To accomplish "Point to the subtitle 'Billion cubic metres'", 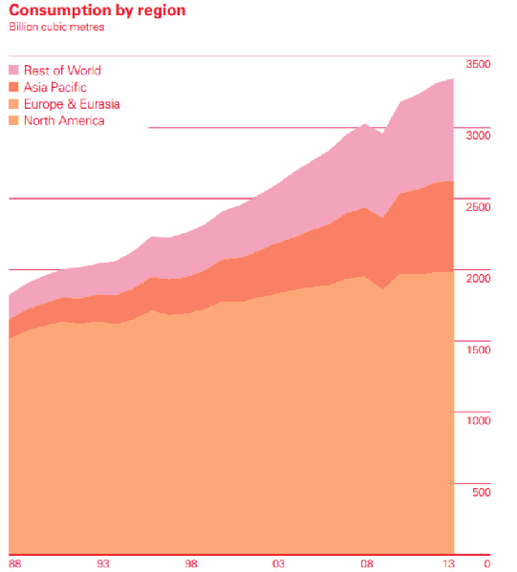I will [56, 27].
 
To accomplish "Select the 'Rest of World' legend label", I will [62, 70].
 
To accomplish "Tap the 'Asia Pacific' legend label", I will [55, 87].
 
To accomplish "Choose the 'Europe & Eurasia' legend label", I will [72, 103].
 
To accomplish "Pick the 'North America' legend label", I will [64, 120].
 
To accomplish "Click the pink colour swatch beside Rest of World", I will [14, 70].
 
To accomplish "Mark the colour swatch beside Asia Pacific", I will [14, 87].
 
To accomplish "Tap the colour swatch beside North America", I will [14, 120].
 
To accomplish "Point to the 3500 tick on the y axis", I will [478, 64].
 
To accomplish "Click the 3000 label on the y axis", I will [478, 136].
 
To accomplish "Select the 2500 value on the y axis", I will [478, 206].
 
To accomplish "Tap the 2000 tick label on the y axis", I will [478, 278].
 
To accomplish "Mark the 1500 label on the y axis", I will [478, 350].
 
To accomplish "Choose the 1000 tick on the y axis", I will [478, 420].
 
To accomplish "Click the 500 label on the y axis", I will [481, 492].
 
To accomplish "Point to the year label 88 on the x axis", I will [15, 562].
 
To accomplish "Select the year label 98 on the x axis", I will [191, 562].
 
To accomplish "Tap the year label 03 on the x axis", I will [278, 562].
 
